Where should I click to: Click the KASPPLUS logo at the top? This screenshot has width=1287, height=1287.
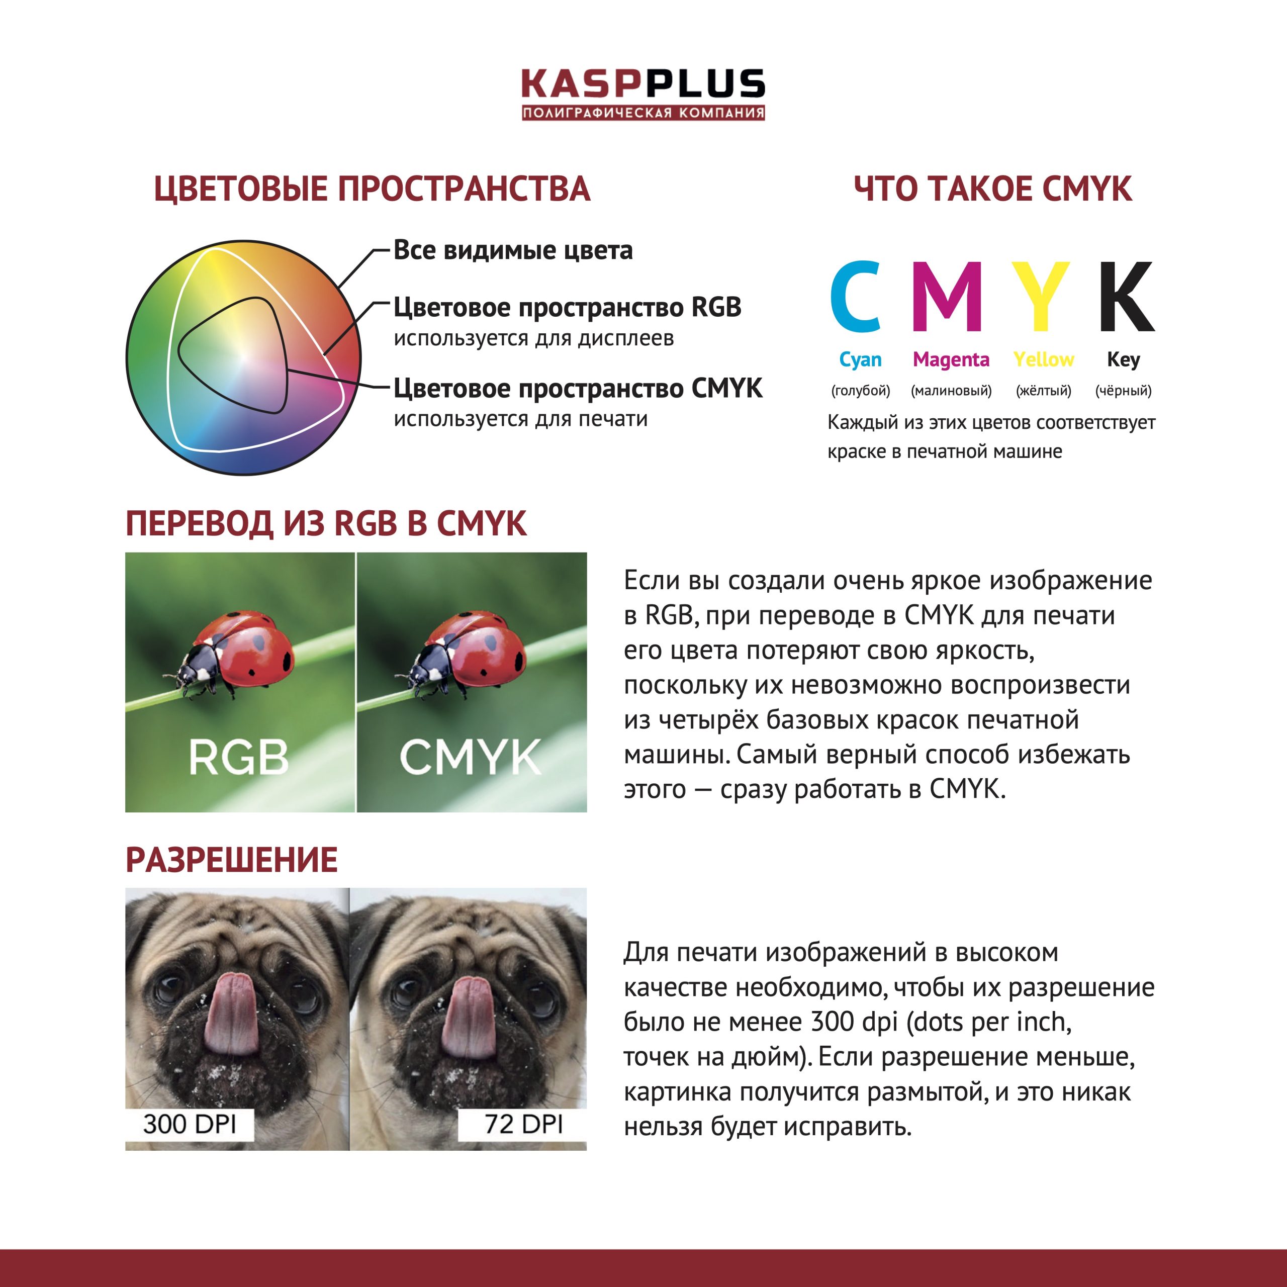(643, 94)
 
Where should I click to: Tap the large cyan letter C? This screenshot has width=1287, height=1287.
(857, 297)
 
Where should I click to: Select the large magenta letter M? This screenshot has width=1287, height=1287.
(947, 297)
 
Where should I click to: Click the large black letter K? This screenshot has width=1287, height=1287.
(1125, 297)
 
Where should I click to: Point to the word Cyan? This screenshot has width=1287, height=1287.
(860, 360)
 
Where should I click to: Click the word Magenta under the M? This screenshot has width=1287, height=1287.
(951, 360)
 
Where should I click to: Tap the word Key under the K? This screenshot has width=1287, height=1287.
(1123, 360)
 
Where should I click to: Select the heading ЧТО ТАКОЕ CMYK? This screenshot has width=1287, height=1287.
(992, 189)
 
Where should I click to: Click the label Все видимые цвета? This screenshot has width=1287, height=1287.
(513, 250)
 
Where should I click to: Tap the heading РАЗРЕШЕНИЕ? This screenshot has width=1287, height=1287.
(231, 860)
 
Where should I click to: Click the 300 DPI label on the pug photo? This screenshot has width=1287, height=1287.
(190, 1125)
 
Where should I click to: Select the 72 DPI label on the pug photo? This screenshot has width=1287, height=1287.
(523, 1125)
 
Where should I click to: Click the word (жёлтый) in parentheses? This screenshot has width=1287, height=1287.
(1043, 390)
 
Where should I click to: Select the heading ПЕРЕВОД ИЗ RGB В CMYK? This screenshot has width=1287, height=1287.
(326, 523)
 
